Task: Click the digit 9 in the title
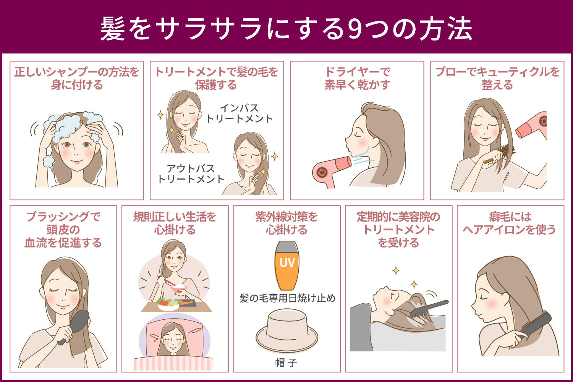(x=356, y=29)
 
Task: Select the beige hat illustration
(x=287, y=330)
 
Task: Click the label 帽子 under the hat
(x=286, y=363)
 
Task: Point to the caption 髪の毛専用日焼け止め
(x=287, y=298)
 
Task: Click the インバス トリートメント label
(x=240, y=113)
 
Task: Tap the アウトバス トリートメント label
(x=191, y=174)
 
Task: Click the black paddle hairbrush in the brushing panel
(x=74, y=326)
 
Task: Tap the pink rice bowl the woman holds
(x=179, y=288)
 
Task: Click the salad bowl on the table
(x=168, y=304)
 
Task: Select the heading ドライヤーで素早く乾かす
(x=357, y=78)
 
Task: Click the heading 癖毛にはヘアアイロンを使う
(x=510, y=223)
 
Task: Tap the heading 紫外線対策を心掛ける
(x=286, y=223)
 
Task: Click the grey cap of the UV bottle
(x=287, y=246)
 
